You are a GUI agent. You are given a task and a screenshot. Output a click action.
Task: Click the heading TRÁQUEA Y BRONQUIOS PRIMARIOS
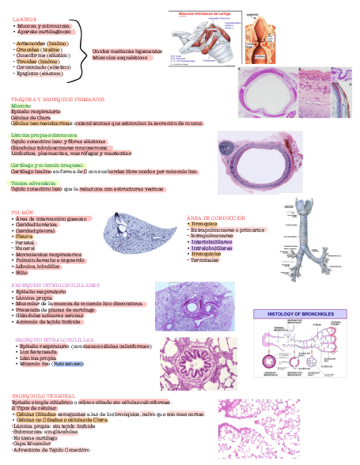point(57,99)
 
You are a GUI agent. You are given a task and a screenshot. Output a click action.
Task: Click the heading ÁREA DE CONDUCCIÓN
point(216,218)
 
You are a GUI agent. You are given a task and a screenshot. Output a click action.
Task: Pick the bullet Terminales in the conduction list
point(204,261)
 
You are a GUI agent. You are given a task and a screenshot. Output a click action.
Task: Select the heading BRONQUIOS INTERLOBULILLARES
point(55,285)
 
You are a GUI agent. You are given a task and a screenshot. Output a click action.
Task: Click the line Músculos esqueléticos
point(120,57)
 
